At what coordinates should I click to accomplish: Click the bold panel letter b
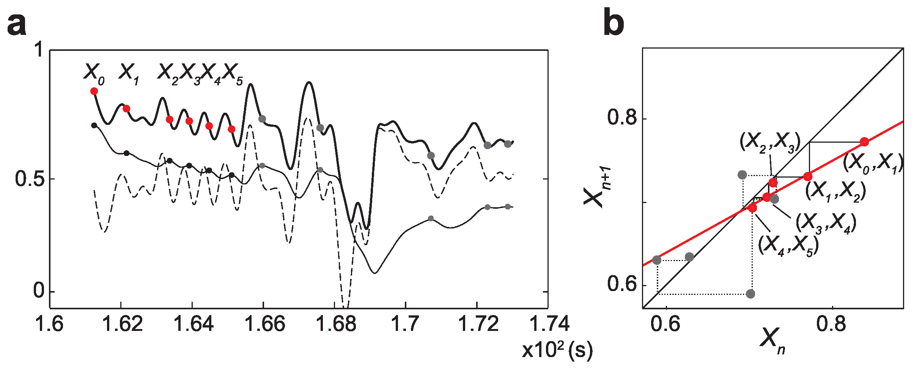tap(614, 23)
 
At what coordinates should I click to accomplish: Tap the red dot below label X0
tap(94, 91)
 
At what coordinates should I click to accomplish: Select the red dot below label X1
tap(126, 109)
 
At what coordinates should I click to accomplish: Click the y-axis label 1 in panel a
tap(39, 50)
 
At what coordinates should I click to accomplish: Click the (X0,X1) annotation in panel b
tap(873, 163)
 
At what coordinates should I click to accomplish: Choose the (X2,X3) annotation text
tap(770, 142)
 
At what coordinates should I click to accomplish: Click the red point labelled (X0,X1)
tap(864, 142)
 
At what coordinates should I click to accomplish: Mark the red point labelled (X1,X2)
tap(808, 176)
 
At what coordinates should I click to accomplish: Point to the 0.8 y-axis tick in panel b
tap(622, 118)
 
